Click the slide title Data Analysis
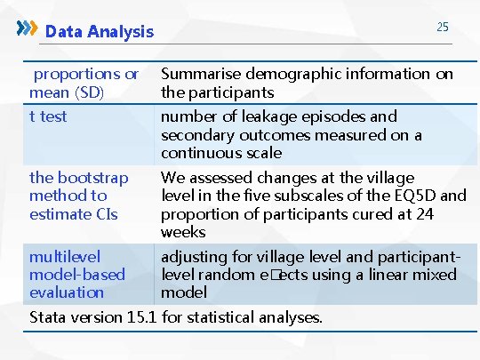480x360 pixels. pos(100,32)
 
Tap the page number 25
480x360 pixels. pos(442,28)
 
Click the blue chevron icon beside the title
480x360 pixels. pos(28,28)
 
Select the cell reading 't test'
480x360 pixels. pos(48,116)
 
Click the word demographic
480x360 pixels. pos(291,74)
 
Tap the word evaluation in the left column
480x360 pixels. pos(67,292)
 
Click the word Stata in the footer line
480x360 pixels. pos(50,316)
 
